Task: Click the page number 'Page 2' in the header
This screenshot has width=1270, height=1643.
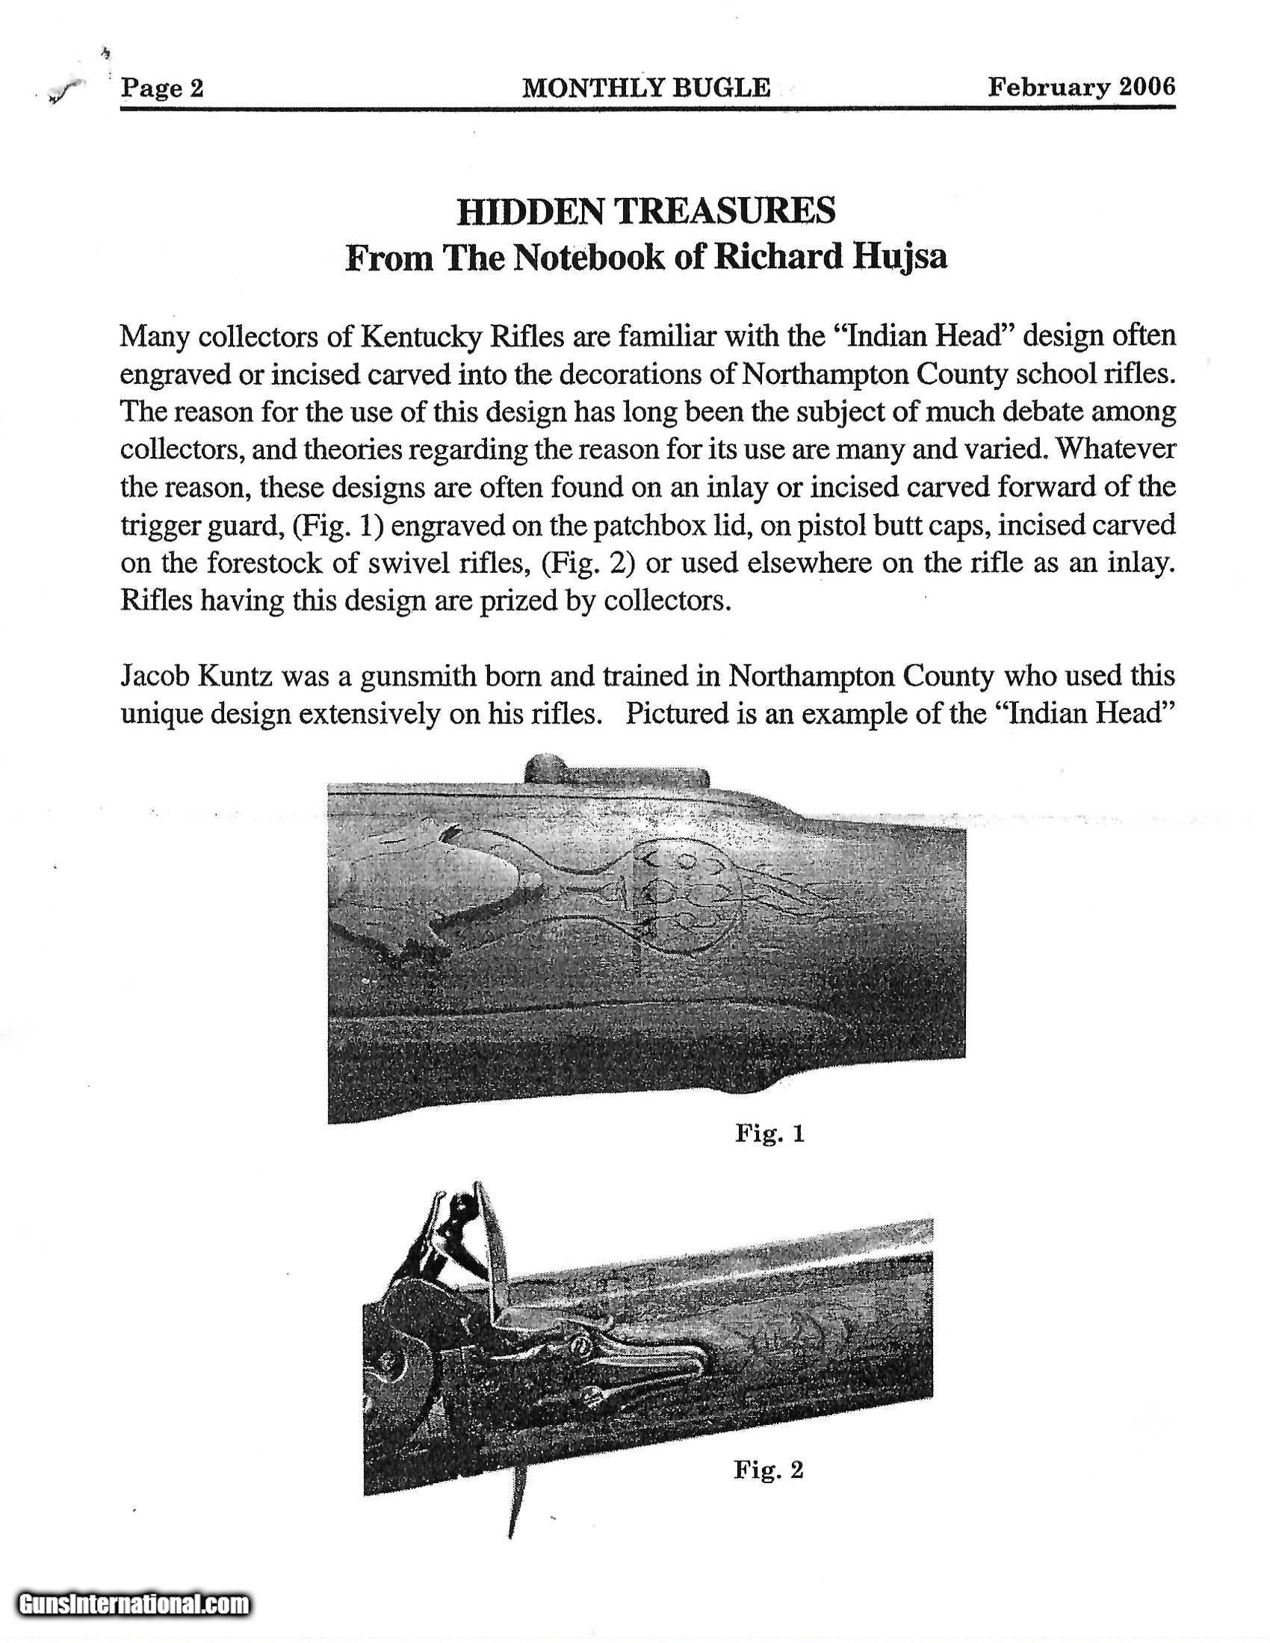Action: click(x=163, y=89)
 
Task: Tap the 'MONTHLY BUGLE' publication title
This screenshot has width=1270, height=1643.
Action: click(x=646, y=88)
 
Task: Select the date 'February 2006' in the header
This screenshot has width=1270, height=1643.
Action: click(x=1080, y=87)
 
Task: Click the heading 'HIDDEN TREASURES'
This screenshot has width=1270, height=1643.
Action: click(x=646, y=211)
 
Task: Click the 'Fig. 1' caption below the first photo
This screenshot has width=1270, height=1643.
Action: click(x=769, y=1133)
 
